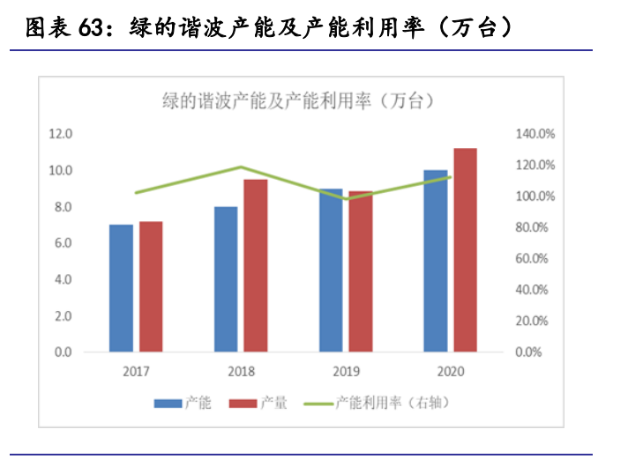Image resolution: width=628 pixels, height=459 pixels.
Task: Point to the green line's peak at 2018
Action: tap(241, 167)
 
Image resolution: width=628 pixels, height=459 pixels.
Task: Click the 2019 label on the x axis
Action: tap(345, 371)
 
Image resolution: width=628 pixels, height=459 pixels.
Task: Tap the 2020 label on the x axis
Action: tap(450, 371)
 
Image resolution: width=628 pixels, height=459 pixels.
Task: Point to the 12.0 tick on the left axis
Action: tap(60, 134)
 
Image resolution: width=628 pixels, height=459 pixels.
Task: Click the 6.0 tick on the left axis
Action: tap(60, 243)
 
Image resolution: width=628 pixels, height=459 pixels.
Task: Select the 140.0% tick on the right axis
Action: tap(535, 134)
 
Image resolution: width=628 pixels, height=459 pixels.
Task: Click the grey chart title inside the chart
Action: tap(298, 100)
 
